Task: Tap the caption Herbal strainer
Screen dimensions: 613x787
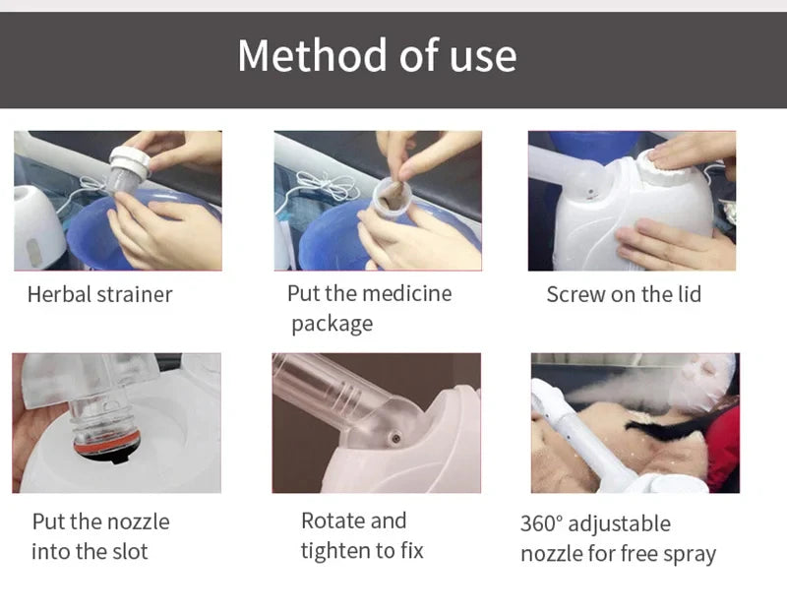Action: pos(99,294)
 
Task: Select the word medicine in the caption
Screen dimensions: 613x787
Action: pos(406,293)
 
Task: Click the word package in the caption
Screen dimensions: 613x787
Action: pos(332,324)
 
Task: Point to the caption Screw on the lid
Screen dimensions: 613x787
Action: pos(624,294)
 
